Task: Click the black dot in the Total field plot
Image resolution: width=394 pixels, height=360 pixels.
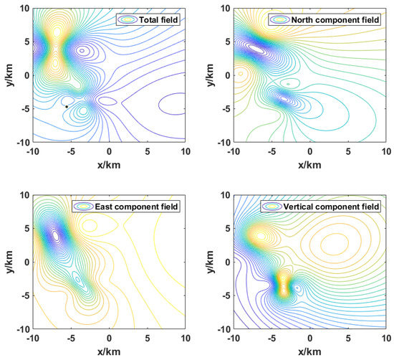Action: click(x=67, y=107)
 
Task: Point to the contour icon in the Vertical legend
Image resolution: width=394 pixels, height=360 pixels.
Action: click(x=271, y=207)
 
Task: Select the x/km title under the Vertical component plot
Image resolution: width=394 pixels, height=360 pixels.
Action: click(x=309, y=352)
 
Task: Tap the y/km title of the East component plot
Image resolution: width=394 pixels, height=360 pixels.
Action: click(x=10, y=262)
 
